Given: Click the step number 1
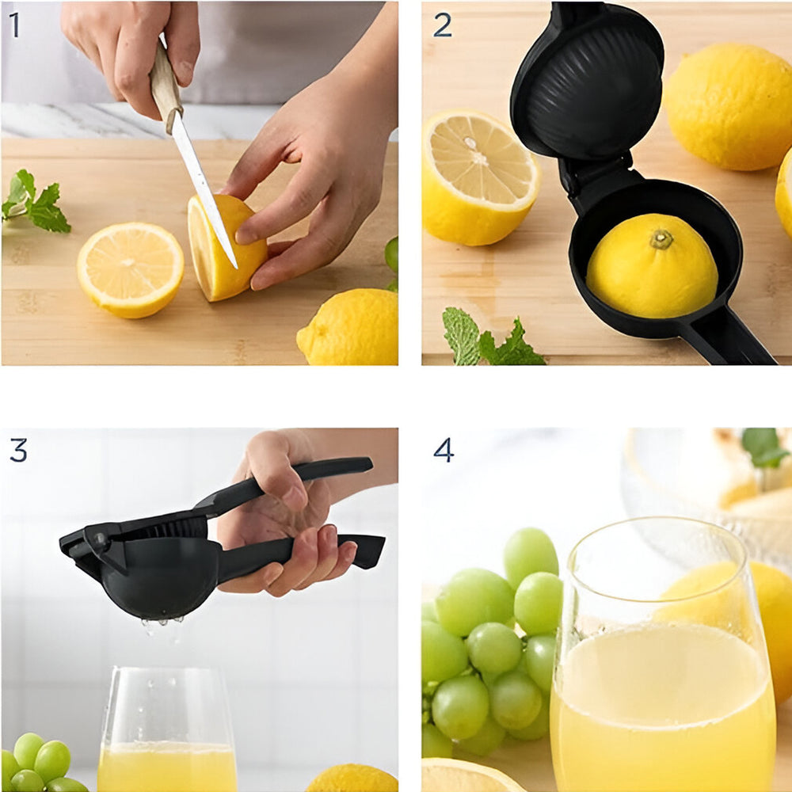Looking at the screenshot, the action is (x=14, y=25).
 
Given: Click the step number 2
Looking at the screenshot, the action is (x=443, y=25).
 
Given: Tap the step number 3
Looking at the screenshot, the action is (x=19, y=450).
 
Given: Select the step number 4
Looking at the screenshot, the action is (x=444, y=450).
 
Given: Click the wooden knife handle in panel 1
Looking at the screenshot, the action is (x=166, y=85).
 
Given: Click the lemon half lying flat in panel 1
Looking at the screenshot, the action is (x=131, y=270).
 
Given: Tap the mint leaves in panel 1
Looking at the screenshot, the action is (x=36, y=202).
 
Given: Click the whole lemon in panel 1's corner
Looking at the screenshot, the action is (x=348, y=327).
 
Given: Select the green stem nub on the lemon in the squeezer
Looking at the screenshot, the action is (x=661, y=239).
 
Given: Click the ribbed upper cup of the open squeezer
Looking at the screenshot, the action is (x=588, y=81).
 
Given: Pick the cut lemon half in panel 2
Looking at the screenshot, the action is (x=480, y=177).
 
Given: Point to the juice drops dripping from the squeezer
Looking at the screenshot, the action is (x=162, y=626).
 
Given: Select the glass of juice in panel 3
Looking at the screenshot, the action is (x=166, y=730).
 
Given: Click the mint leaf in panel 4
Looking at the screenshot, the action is (x=763, y=447).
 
